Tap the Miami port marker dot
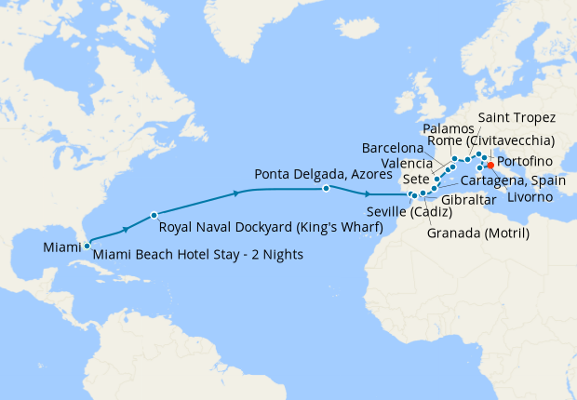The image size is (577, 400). coord(87,247)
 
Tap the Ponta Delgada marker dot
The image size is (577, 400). coord(326,189)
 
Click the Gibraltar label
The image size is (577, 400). coord(463,200)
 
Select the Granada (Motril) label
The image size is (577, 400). coord(477,233)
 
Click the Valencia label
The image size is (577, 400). coord(407,164)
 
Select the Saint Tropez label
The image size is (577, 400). coord(517,118)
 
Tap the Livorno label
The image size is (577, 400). coord(532,197)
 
